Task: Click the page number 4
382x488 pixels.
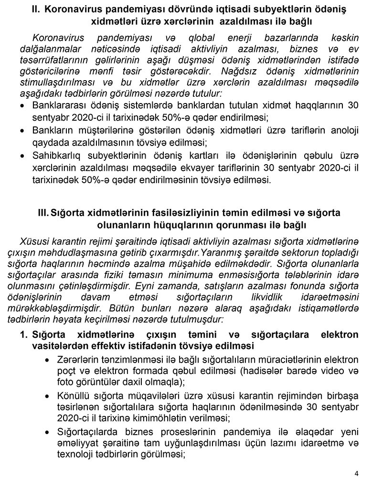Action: [x=356, y=474]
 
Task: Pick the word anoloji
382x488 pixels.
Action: [x=342, y=130]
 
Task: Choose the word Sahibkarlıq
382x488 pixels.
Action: [x=54, y=156]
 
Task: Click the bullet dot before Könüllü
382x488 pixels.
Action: [x=47, y=396]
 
